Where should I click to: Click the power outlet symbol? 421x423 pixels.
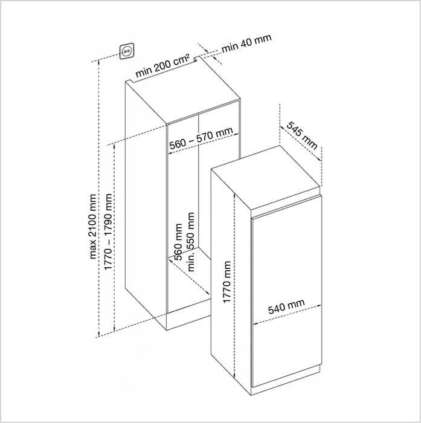pyautogui.click(x=127, y=51)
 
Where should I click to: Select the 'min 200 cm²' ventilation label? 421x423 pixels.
pyautogui.click(x=162, y=65)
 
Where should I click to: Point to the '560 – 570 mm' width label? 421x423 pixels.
pyautogui.click(x=201, y=138)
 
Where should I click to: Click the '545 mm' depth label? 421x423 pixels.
pyautogui.click(x=302, y=135)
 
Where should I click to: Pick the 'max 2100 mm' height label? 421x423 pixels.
pyautogui.click(x=93, y=227)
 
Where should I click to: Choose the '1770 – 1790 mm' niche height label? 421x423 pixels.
pyautogui.click(x=108, y=231)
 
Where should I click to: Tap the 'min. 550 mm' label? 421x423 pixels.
pyautogui.click(x=191, y=242)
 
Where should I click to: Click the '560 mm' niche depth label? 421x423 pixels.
pyautogui.click(x=178, y=242)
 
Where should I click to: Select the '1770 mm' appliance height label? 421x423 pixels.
pyautogui.click(x=227, y=282)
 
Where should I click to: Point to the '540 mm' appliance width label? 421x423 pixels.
pyautogui.click(x=286, y=306)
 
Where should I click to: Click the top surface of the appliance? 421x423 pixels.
pyautogui.click(x=266, y=178)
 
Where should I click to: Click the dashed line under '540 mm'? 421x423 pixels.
pyautogui.click(x=287, y=315)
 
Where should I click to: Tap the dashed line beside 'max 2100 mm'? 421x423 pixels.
pyautogui.click(x=99, y=199)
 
